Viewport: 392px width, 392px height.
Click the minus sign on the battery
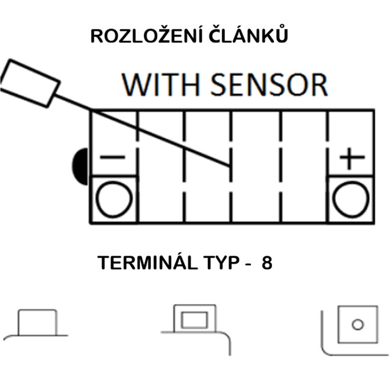coord(113,158)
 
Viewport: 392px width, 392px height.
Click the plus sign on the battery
coord(352,159)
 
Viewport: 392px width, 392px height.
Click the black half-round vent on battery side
coord(79,165)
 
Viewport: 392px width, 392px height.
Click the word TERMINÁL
coord(145,264)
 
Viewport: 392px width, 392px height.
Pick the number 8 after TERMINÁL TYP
coord(267,264)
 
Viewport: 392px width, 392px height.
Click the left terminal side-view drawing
coord(37,323)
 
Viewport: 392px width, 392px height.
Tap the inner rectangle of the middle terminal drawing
coord(194,320)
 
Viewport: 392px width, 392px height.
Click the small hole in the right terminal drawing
coord(358,324)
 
